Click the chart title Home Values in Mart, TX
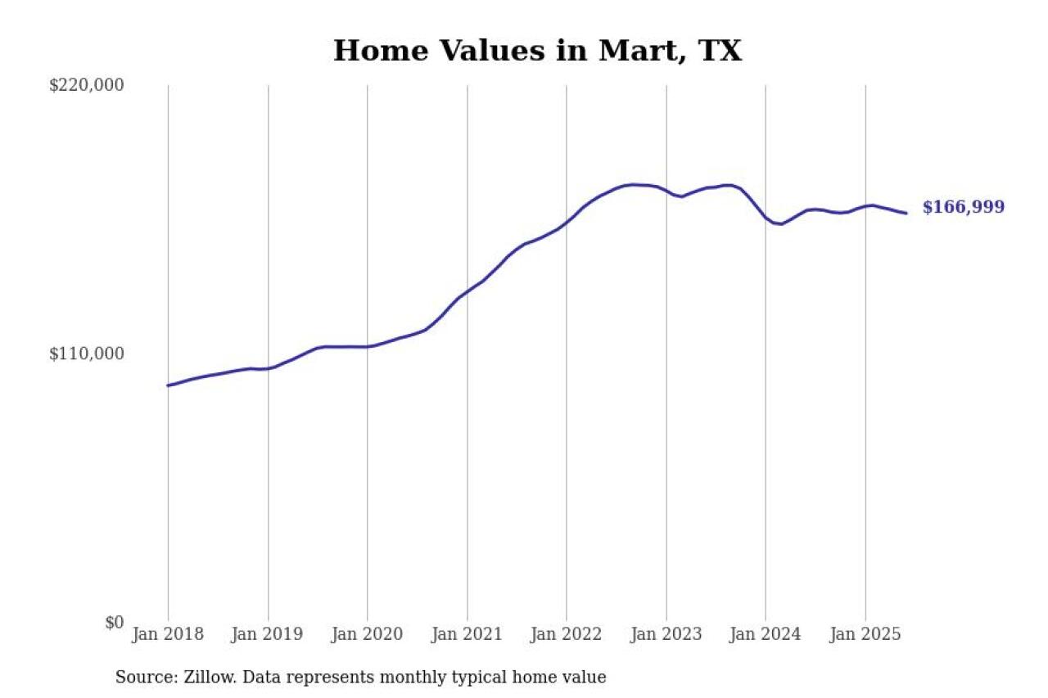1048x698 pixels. click(x=537, y=51)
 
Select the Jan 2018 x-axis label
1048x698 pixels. click(x=168, y=635)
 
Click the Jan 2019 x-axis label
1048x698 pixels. click(x=268, y=635)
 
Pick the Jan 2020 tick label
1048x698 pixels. click(x=367, y=635)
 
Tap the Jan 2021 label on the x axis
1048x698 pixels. click(x=467, y=635)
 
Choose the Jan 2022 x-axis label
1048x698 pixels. click(x=567, y=635)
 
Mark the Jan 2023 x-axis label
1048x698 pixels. click(x=666, y=635)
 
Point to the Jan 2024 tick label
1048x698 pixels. click(x=766, y=635)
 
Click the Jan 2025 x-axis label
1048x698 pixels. click(x=865, y=635)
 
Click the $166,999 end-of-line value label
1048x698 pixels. click(x=964, y=208)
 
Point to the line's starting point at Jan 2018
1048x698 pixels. click(x=168, y=385)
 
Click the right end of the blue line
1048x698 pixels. click(x=906, y=213)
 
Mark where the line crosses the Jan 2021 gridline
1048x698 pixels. click(x=468, y=290)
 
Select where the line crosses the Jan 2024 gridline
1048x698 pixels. click(x=766, y=218)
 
